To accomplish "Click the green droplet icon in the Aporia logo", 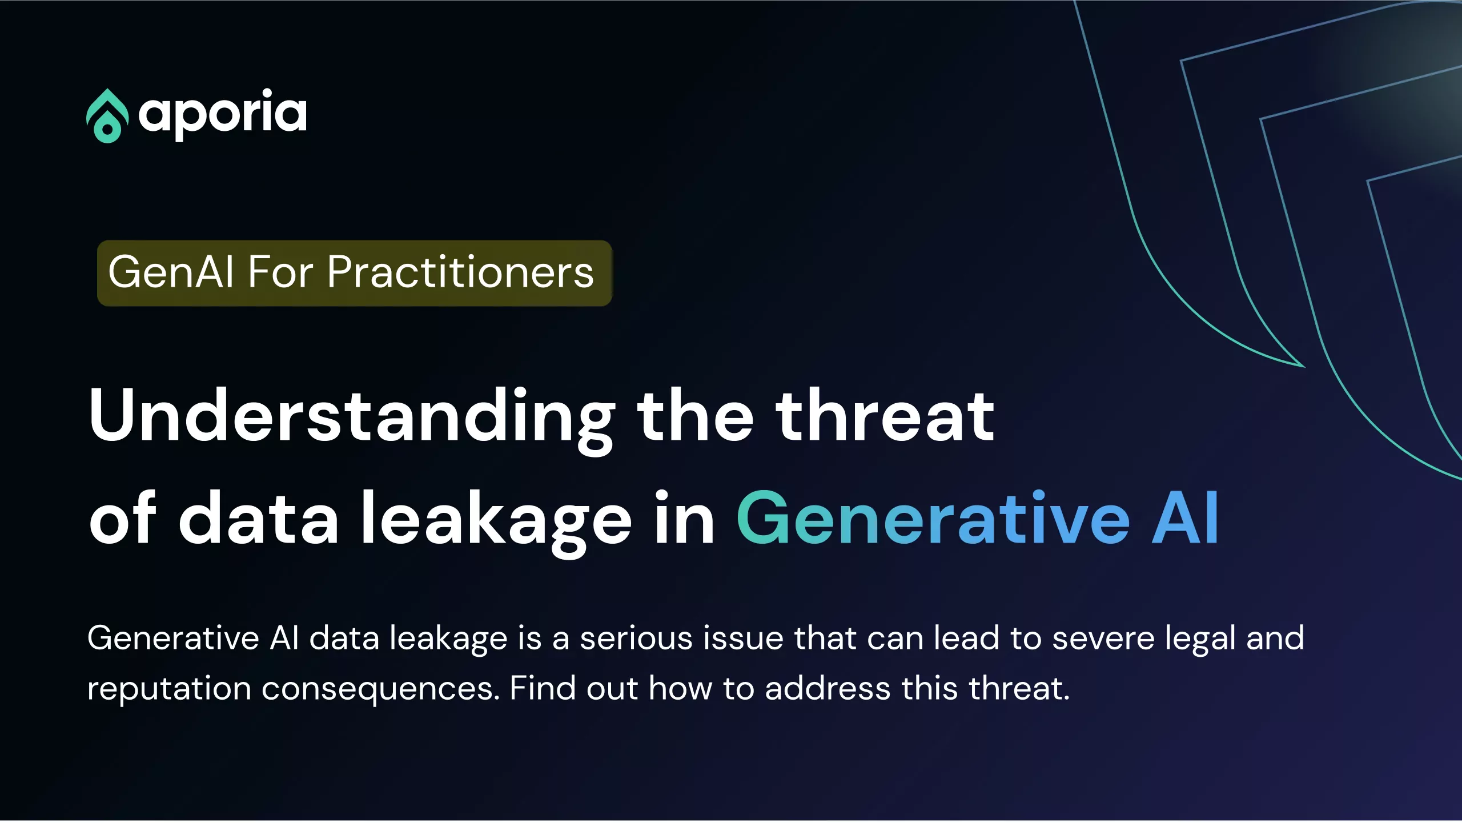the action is tap(107, 116).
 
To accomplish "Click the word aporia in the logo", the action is tap(223, 114).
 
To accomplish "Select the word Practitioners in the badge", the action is tap(460, 272).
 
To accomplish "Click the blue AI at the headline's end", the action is tap(1185, 517).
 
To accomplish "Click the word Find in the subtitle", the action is tap(543, 688).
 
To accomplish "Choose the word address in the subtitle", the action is tap(828, 688).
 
